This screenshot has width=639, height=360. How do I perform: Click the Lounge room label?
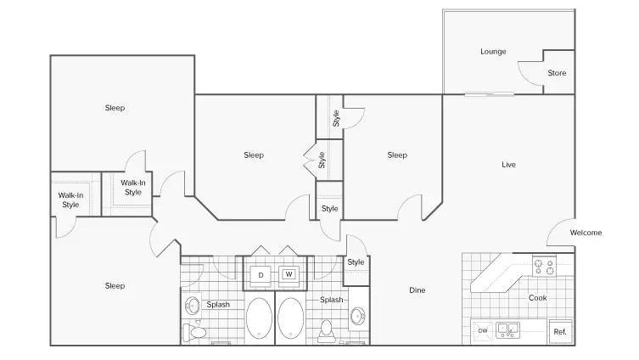click(493, 52)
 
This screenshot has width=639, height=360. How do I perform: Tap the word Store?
click(557, 73)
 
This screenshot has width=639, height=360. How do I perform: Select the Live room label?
click(508, 165)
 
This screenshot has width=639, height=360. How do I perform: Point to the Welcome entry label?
click(586, 233)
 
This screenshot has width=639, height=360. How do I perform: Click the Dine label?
click(418, 290)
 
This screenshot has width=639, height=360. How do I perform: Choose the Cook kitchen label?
click(537, 298)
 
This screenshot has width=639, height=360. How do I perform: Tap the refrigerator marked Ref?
click(560, 331)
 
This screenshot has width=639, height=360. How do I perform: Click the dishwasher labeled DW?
click(483, 330)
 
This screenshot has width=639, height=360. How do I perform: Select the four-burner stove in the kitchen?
click(545, 267)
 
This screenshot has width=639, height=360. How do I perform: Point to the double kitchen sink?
click(507, 330)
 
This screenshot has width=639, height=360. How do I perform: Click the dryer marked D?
click(261, 275)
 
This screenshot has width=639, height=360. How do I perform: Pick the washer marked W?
click(289, 274)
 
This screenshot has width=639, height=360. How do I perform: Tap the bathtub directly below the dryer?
click(259, 318)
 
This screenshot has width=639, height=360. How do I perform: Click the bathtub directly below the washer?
click(291, 318)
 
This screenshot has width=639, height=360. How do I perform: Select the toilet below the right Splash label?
click(327, 331)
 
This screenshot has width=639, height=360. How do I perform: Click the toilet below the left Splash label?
click(194, 331)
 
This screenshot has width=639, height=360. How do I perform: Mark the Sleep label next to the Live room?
click(397, 155)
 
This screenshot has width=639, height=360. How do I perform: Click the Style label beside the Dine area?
click(356, 262)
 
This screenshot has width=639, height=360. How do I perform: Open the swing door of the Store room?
click(530, 74)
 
